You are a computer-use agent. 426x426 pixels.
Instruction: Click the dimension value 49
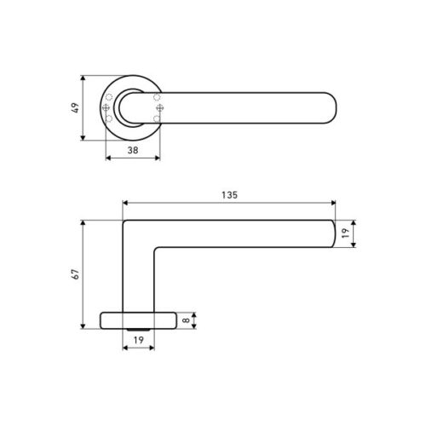pos(75,108)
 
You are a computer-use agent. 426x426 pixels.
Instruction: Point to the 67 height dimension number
pos(75,274)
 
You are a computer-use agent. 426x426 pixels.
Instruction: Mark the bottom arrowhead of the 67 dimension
pos(83,328)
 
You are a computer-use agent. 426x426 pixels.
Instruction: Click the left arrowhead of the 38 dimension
pos(106,156)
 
